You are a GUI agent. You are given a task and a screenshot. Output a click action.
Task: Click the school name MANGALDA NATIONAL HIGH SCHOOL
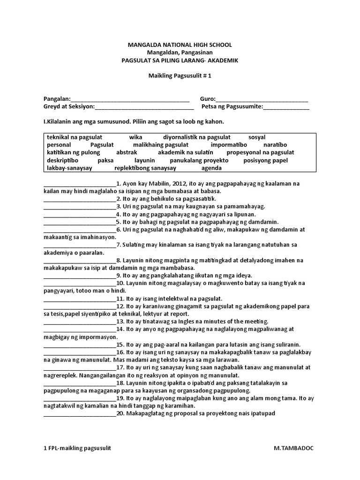pos(180,45)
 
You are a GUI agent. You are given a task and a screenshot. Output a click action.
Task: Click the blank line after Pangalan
pos(130,99)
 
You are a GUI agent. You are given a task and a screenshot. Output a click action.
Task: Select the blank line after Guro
pos(262,99)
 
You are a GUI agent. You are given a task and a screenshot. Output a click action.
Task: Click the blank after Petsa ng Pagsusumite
pos(286,107)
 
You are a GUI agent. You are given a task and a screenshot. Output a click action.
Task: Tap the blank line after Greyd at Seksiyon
pos(144,107)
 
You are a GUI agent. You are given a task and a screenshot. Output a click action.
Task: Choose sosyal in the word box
pos(257,137)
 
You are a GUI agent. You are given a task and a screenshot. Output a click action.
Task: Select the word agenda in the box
pos(211,168)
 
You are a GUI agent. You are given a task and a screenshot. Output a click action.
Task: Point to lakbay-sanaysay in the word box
pos(70,168)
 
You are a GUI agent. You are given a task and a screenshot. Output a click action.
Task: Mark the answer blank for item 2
pos(80,199)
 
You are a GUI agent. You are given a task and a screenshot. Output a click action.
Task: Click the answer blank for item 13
pos(80,322)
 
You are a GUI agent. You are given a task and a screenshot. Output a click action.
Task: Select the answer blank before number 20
pos(80,414)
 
